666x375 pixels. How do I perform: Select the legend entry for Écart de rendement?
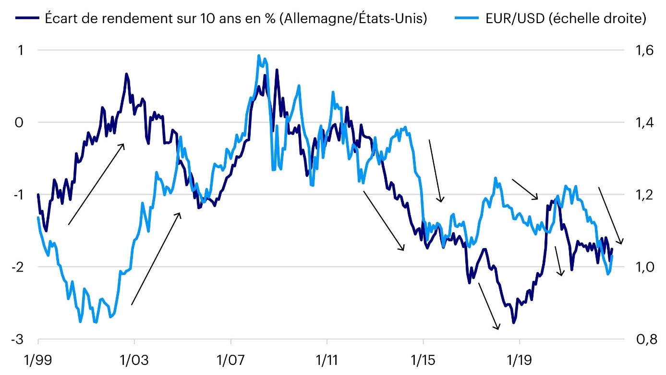[235, 19]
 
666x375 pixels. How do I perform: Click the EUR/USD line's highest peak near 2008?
[259, 56]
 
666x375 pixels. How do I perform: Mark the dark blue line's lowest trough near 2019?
[514, 323]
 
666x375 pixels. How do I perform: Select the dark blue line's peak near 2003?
[126, 74]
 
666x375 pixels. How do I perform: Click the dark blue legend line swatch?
[27, 19]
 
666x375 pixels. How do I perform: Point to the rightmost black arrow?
[610, 216]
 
